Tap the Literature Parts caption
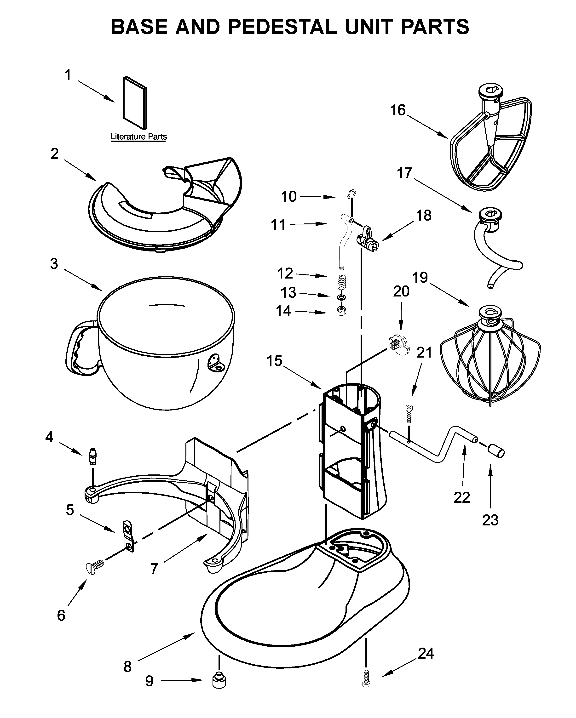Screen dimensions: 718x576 tap(138, 137)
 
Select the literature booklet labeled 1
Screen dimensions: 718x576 tap(135, 103)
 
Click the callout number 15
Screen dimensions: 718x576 tap(275, 361)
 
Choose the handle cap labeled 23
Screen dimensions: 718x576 tap(496, 452)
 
